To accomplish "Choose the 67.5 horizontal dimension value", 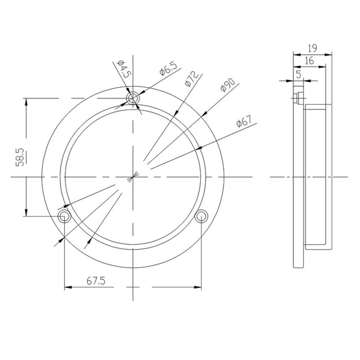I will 96,281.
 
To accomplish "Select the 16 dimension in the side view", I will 309,60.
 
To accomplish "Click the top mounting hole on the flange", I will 133,99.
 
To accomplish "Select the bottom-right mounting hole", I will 201,217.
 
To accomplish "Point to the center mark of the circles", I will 133,177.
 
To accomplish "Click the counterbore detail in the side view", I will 297,97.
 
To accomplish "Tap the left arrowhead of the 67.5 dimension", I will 68,286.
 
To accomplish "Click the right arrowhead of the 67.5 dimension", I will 198,286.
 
